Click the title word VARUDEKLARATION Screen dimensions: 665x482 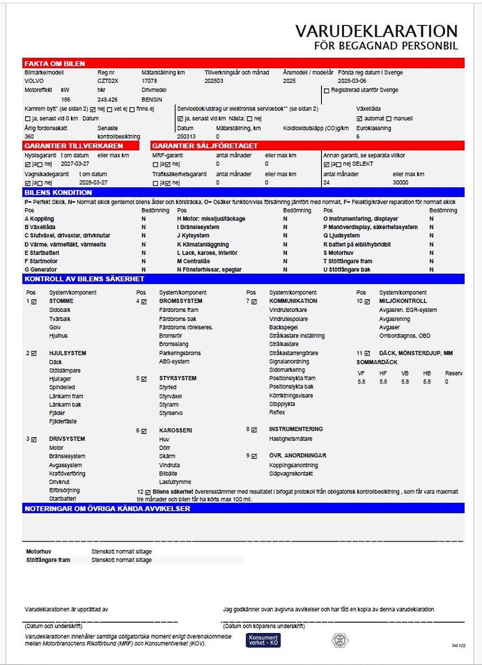pyautogui.click(x=376, y=31)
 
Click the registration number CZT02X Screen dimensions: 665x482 pyautogui.click(x=108, y=81)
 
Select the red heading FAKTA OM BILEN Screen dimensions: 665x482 pyautogui.click(x=55, y=64)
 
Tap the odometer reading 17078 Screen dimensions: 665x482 pyautogui.click(x=149, y=81)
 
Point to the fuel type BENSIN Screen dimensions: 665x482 pyautogui.click(x=152, y=100)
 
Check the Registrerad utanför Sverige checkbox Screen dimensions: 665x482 pyautogui.click(x=326, y=90)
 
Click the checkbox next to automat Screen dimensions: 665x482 pyautogui.click(x=360, y=119)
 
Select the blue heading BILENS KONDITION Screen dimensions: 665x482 pyautogui.click(x=58, y=192)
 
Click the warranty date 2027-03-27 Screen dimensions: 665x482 pyautogui.click(x=75, y=164)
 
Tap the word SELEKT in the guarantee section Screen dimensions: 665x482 pyautogui.click(x=362, y=164)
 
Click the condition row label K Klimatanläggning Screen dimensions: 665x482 pyautogui.click(x=203, y=245)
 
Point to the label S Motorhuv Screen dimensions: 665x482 pyautogui.click(x=338, y=253)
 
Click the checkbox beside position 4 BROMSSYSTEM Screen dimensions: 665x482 pyautogui.click(x=144, y=302)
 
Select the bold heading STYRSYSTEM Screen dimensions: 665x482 pyautogui.click(x=177, y=378)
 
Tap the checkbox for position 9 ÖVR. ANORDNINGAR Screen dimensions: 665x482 pyautogui.click(x=254, y=456)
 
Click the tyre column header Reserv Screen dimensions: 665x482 pyautogui.click(x=453, y=373)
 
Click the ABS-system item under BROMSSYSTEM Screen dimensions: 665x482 pyautogui.click(x=174, y=362)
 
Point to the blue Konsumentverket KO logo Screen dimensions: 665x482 pyautogui.click(x=263, y=640)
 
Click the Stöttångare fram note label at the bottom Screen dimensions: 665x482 pyautogui.click(x=48, y=560)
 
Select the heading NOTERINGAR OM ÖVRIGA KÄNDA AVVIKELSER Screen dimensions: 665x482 pyautogui.click(x=107, y=509)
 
